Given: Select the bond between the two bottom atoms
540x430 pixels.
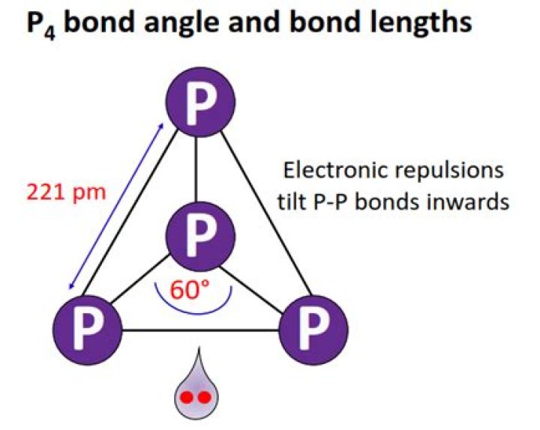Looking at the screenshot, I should pos(201,330).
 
